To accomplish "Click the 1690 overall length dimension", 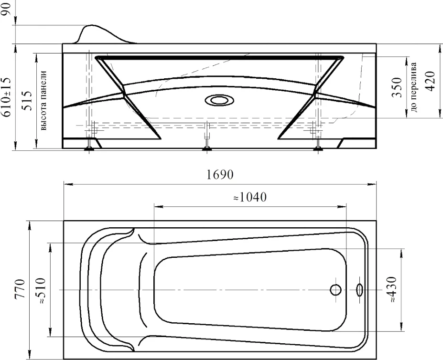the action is (220, 175).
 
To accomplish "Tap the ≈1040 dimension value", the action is (250, 197).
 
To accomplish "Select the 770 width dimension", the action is (20, 289).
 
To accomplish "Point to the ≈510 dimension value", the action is (41, 291).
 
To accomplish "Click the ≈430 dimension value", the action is (392, 290).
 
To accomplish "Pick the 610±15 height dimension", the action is (7, 97).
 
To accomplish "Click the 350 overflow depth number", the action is (397, 87).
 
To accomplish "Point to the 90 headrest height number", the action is (6, 9).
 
